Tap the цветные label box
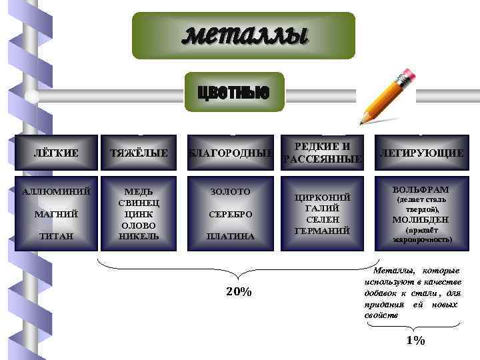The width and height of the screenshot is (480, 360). click(x=233, y=92)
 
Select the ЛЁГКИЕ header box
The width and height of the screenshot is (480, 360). click(x=55, y=153)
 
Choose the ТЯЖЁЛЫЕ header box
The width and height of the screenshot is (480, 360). click(x=139, y=153)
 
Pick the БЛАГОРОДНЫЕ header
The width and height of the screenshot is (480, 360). click(x=230, y=153)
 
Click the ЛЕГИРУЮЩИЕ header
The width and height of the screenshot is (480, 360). click(x=421, y=153)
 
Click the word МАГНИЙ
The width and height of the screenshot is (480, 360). click(x=56, y=214)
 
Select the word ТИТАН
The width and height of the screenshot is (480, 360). click(x=56, y=236)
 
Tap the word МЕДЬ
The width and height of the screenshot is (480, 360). click(x=139, y=191)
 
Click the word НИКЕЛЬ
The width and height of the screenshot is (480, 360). click(x=139, y=236)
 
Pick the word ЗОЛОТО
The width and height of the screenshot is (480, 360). click(x=230, y=192)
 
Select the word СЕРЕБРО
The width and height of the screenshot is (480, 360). click(x=230, y=214)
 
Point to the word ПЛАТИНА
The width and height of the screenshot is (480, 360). click(x=230, y=236)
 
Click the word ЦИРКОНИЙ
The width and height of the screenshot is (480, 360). click(x=323, y=198)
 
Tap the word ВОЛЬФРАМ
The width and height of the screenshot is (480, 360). click(x=421, y=189)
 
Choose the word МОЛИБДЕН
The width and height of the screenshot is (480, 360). click(x=421, y=219)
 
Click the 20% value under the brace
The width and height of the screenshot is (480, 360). click(x=238, y=292)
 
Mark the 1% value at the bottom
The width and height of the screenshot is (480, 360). click(x=415, y=341)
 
